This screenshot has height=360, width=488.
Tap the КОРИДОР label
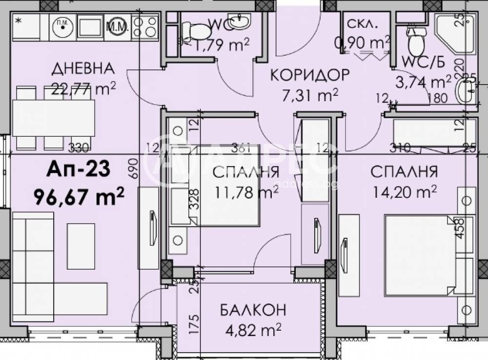pyautogui.click(x=310, y=75)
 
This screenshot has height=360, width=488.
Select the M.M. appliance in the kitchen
pyautogui.click(x=117, y=25)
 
